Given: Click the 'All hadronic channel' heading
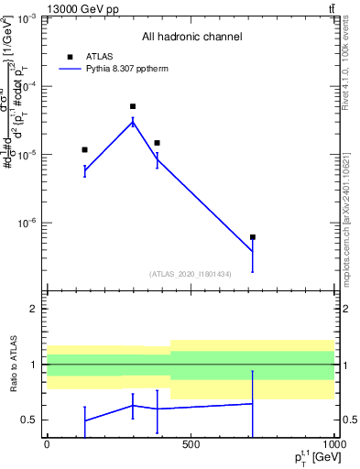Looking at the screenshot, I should click(191, 38).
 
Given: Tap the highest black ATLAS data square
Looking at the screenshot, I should click(133, 106).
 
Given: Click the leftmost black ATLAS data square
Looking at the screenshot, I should click(84, 149).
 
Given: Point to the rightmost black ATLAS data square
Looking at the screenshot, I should click(252, 237).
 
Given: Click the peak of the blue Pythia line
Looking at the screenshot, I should click(133, 121).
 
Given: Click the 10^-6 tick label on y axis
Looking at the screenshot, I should click(27, 223).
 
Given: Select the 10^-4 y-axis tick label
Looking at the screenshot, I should click(27, 86).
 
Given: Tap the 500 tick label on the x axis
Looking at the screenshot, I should click(191, 444).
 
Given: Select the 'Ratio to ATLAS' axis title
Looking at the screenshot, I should click(12, 365).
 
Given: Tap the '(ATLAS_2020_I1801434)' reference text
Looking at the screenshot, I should click(191, 274).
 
